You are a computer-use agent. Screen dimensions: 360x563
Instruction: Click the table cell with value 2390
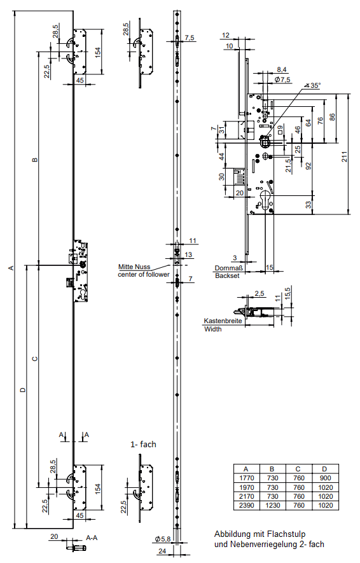click(x=246, y=506)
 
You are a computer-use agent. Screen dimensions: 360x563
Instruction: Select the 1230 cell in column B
click(x=272, y=506)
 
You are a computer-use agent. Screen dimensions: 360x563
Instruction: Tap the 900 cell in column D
click(x=325, y=478)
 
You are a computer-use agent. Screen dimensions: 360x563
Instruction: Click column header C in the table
click(x=298, y=469)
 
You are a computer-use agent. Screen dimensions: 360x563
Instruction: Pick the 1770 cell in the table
click(x=246, y=478)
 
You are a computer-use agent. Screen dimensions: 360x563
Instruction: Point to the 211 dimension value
click(x=345, y=157)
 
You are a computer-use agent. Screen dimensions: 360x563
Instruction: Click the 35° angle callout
click(x=313, y=85)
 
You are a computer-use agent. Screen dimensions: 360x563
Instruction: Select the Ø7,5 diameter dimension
click(x=282, y=80)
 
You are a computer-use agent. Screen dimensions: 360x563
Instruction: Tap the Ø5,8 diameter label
click(x=163, y=539)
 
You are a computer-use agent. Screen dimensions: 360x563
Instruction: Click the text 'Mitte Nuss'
click(x=134, y=267)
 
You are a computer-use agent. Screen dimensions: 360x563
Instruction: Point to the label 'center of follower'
click(x=144, y=274)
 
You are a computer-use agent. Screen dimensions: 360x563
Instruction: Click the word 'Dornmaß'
click(x=228, y=268)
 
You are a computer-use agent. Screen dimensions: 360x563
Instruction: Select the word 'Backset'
click(x=227, y=275)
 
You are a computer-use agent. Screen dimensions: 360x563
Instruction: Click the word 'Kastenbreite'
click(x=223, y=321)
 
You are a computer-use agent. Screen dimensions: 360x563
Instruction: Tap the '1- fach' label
click(x=143, y=444)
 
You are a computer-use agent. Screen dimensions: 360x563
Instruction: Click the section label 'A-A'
click(x=92, y=538)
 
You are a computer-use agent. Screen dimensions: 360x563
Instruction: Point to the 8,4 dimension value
click(x=282, y=69)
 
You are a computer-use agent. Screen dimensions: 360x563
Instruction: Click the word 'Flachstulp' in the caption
click(x=286, y=534)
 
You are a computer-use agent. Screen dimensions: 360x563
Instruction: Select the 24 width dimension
click(x=162, y=551)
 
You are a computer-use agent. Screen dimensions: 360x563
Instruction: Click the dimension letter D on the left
click(x=23, y=389)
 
